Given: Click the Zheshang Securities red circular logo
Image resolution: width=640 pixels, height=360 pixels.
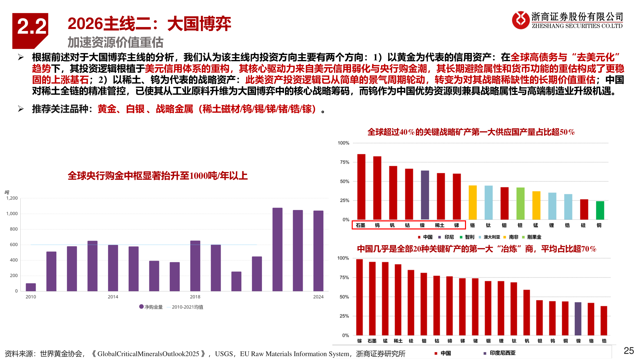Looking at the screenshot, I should (521, 20).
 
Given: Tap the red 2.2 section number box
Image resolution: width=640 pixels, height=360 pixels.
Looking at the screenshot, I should (30, 28).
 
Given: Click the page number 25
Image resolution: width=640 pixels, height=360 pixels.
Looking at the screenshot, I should (629, 351).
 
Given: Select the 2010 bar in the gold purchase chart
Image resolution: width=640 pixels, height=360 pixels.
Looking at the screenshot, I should (31, 287).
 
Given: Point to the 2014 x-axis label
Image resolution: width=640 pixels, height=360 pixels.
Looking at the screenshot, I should (113, 297).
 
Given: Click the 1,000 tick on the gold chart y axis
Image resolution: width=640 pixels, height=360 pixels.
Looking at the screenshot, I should (12, 214).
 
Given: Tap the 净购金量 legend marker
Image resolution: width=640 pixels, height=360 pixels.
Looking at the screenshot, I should (141, 307).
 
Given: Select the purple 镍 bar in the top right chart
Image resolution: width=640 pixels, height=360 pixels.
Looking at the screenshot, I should (425, 195).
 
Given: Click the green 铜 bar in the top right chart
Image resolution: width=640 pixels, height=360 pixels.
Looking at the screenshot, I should (600, 210).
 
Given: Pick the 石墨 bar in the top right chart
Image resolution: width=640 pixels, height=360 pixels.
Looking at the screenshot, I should (361, 187).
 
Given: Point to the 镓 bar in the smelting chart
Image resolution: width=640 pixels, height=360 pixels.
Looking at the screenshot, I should (359, 297).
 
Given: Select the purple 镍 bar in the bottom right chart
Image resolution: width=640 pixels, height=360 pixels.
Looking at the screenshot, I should (578, 318).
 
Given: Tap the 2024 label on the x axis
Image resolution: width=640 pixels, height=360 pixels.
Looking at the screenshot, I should (318, 297).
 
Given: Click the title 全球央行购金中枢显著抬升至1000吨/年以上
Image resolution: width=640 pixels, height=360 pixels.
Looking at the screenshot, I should (158, 176).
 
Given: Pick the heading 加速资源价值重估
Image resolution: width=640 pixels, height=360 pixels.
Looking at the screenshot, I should (115, 42).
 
